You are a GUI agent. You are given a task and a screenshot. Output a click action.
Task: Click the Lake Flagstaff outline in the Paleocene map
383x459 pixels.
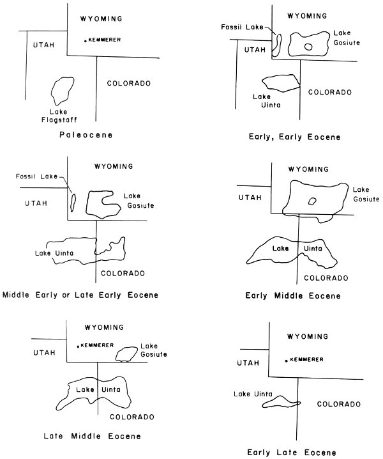[61, 91]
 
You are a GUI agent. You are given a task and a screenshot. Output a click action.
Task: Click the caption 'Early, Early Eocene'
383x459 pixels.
[297, 137]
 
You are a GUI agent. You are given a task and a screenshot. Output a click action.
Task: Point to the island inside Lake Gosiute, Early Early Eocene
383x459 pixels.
[309, 46]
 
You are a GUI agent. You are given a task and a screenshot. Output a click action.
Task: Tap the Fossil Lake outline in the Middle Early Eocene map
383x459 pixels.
[73, 202]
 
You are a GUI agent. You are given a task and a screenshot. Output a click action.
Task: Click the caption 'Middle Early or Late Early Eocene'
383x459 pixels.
[80, 295]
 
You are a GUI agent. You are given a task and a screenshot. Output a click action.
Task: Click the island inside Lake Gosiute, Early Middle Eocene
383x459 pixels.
[312, 201]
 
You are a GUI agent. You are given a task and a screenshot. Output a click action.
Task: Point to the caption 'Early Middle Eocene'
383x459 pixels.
[293, 296]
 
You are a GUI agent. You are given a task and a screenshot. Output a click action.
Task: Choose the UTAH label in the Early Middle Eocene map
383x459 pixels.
[250, 199]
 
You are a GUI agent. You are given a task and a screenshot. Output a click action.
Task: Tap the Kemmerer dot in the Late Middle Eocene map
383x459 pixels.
[78, 346]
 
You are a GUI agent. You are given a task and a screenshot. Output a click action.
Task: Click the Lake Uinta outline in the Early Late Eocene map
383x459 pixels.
[280, 402]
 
